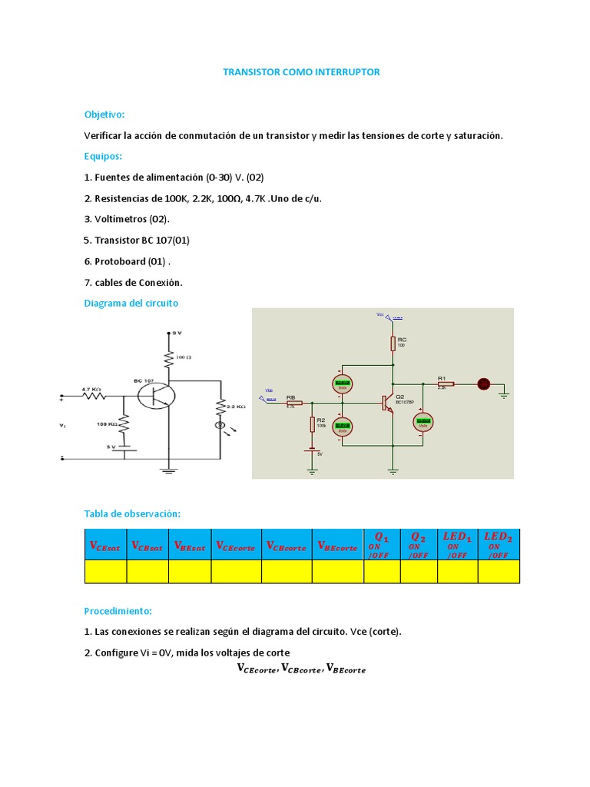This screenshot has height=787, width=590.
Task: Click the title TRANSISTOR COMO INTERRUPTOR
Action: (x=301, y=72)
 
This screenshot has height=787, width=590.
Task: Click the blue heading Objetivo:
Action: (x=104, y=115)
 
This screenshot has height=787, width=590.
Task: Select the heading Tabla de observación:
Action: (x=132, y=513)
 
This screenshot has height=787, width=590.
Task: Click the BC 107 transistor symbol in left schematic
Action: (x=156, y=397)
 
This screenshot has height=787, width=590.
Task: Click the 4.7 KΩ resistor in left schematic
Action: (x=94, y=397)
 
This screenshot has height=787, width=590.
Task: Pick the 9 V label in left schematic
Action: (x=176, y=333)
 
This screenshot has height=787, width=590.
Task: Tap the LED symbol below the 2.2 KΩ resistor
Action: (x=221, y=424)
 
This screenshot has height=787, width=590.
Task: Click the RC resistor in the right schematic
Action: (x=393, y=343)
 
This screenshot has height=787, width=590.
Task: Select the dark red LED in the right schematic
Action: (x=484, y=384)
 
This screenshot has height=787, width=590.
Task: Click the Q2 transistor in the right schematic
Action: (x=386, y=403)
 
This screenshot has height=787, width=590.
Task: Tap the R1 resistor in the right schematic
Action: (x=446, y=384)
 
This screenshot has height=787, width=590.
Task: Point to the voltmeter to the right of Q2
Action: (x=422, y=421)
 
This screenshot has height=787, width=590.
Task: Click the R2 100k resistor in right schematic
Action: (x=313, y=424)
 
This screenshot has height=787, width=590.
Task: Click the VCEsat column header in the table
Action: (x=105, y=545)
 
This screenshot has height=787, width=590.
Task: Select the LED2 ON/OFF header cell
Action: (x=499, y=544)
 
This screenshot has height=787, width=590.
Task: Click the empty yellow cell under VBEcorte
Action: (x=337, y=572)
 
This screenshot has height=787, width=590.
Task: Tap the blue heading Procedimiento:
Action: (x=118, y=611)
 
